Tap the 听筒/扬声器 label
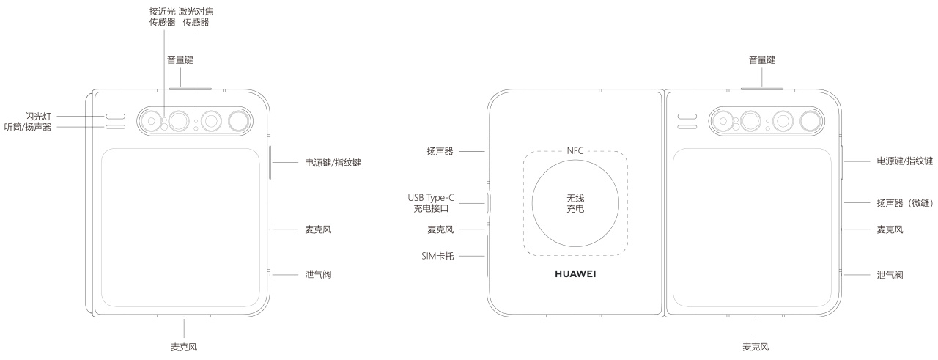pyautogui.click(x=29, y=127)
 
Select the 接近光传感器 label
pyautogui.click(x=160, y=17)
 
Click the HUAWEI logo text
pyautogui.click(x=575, y=275)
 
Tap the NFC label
pyautogui.click(x=575, y=150)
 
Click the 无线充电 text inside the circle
pyautogui.click(x=575, y=204)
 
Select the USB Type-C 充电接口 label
pyautogui.click(x=432, y=203)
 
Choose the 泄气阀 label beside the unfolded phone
pyautogui.click(x=890, y=275)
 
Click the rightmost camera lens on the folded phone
pyautogui.click(x=238, y=120)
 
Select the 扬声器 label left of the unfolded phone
pyautogui.click(x=440, y=151)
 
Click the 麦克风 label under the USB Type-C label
pyautogui.click(x=440, y=229)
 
